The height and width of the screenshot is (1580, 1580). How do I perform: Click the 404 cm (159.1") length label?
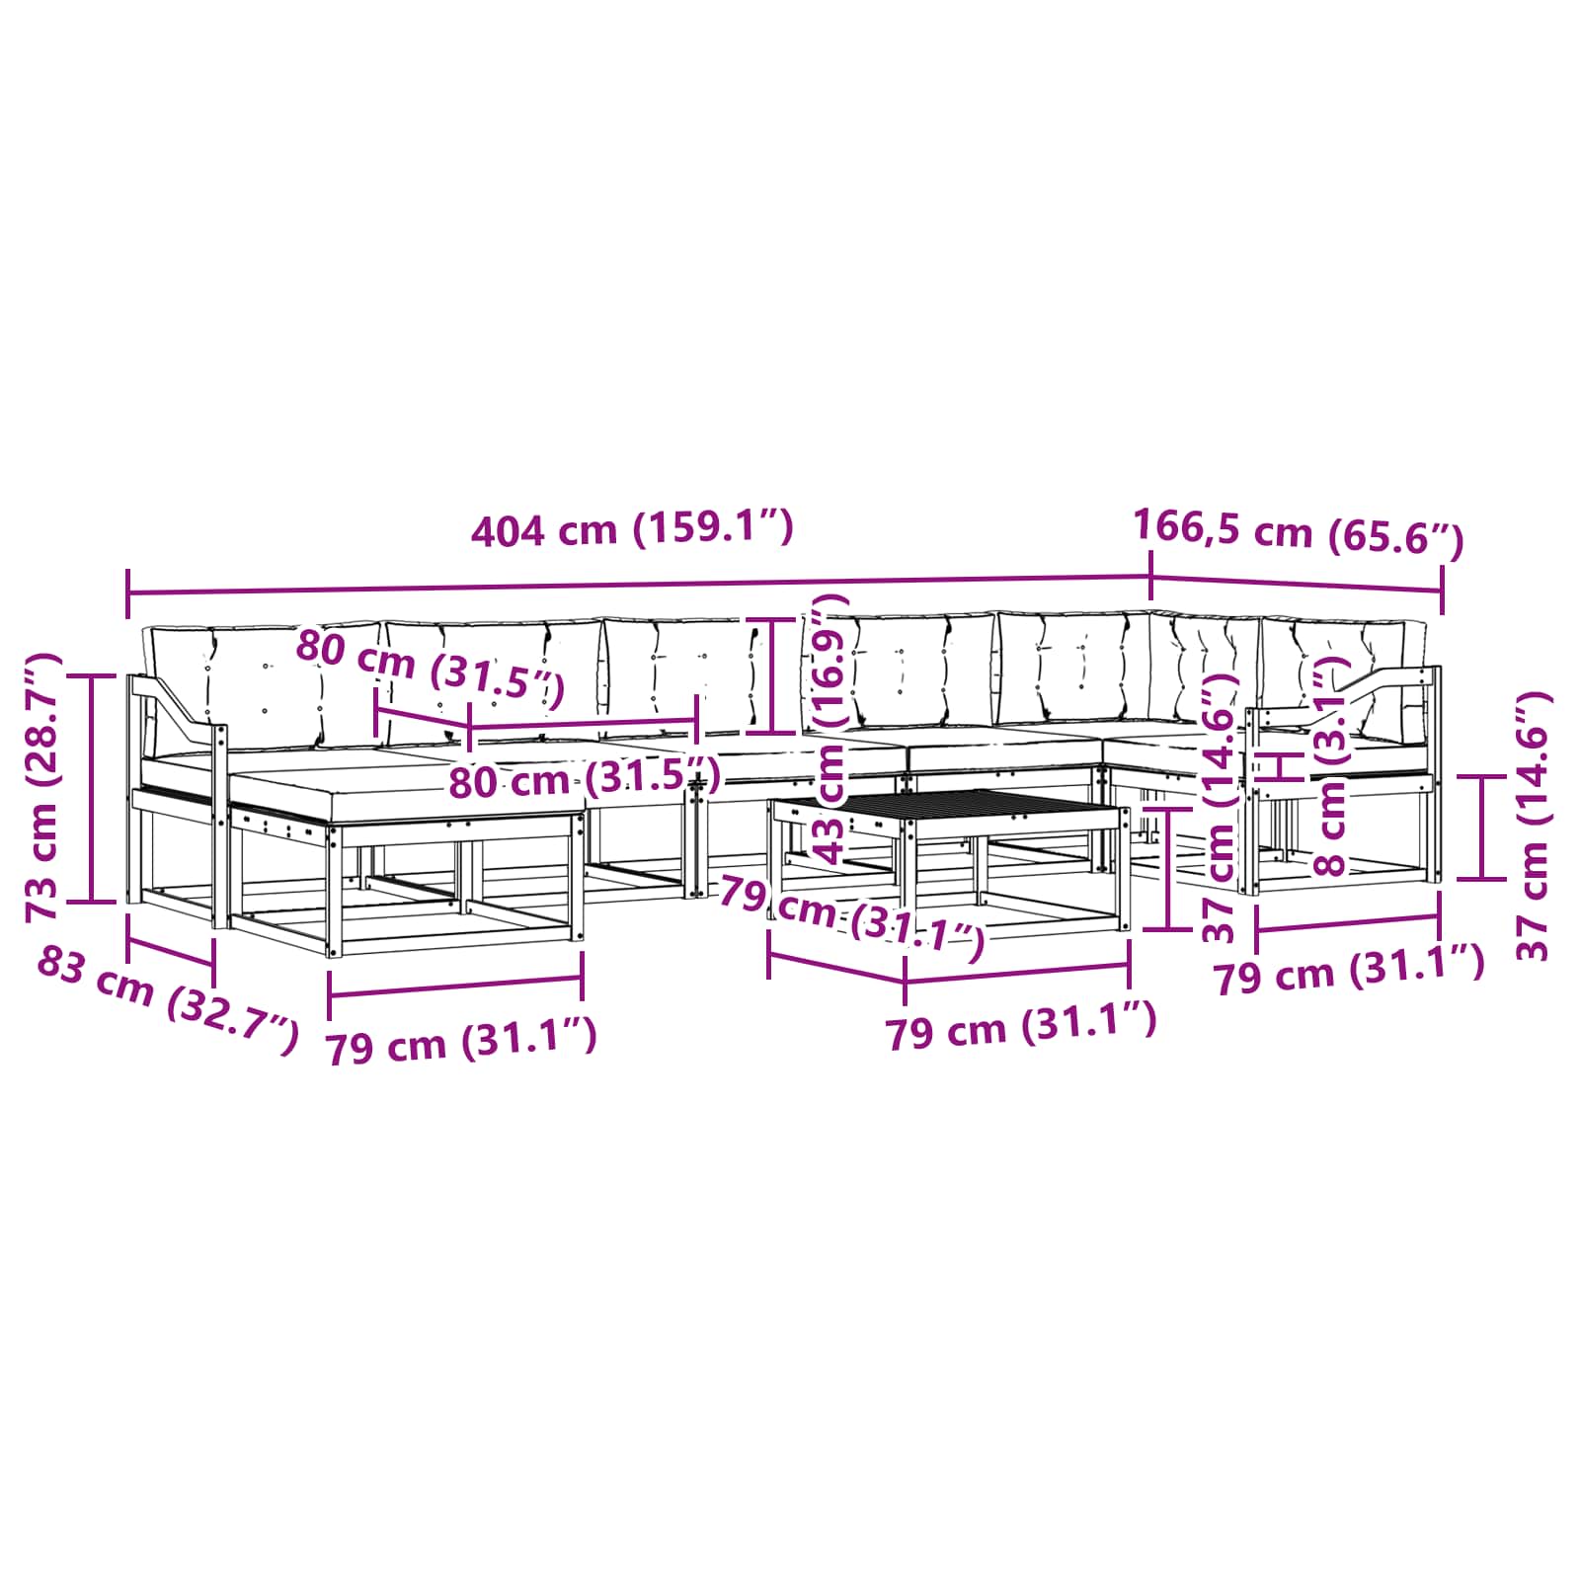tap(632, 529)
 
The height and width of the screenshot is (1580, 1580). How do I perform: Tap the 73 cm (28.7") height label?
tap(44, 788)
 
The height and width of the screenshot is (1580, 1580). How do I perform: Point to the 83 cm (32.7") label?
tap(167, 998)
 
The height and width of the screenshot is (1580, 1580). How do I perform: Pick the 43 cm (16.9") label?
tap(829, 730)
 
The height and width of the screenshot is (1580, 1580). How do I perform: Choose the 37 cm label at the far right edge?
tap(1534, 826)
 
